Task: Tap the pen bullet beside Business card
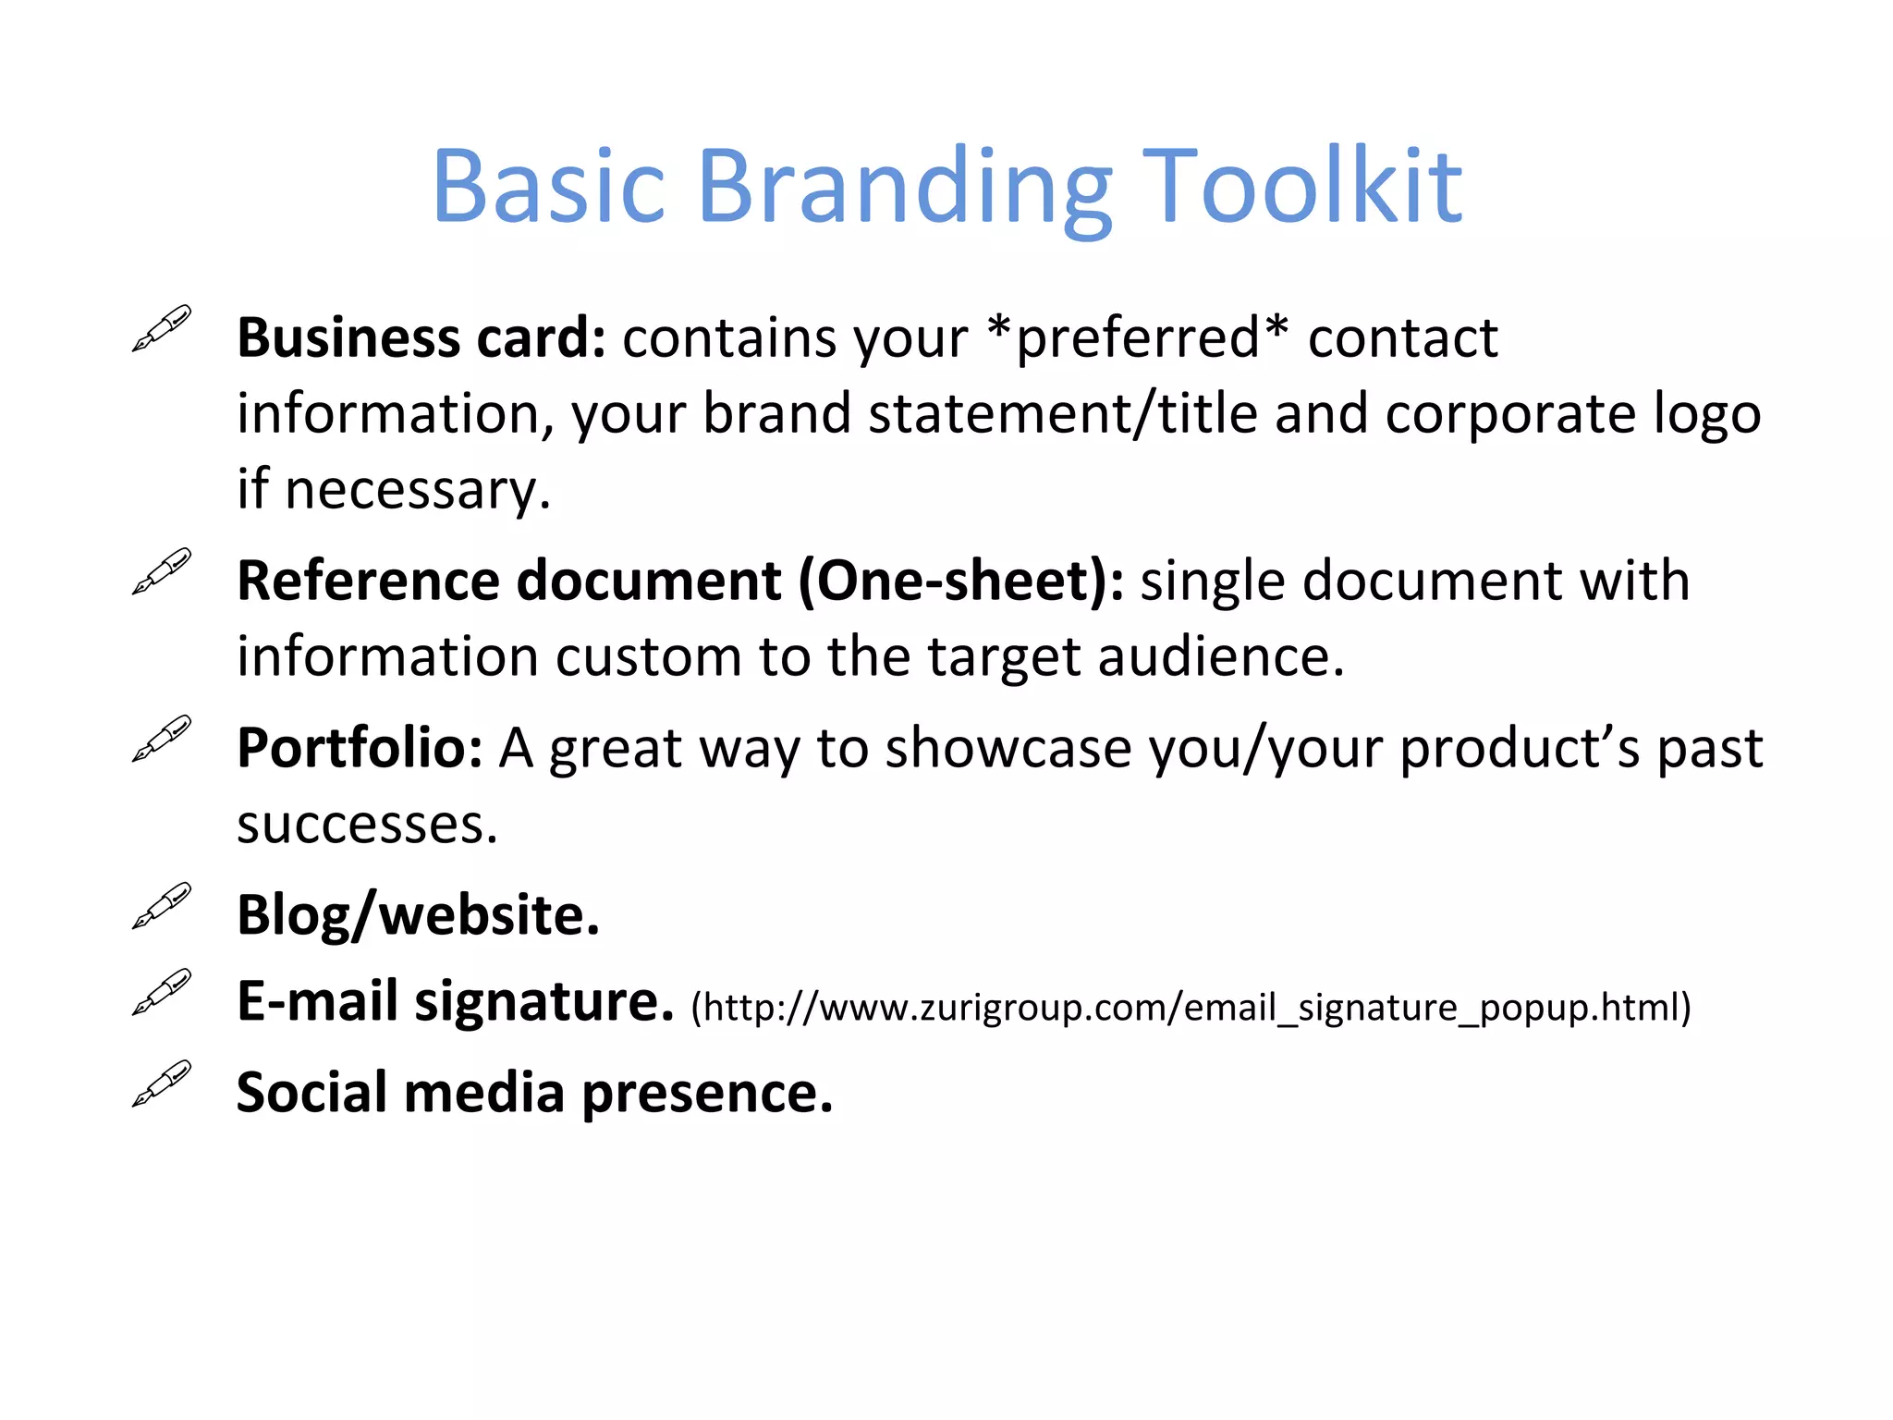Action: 162,328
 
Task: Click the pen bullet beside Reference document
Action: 162,571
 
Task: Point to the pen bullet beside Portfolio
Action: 162,738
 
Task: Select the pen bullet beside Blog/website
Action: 162,905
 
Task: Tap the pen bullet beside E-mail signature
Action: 162,992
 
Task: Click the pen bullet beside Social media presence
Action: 162,1083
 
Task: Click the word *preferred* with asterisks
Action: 1138,338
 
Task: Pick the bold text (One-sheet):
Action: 961,581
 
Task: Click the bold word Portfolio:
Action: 360,748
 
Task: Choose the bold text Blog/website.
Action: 418,916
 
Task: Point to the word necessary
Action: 416,490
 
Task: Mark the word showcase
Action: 1008,748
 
